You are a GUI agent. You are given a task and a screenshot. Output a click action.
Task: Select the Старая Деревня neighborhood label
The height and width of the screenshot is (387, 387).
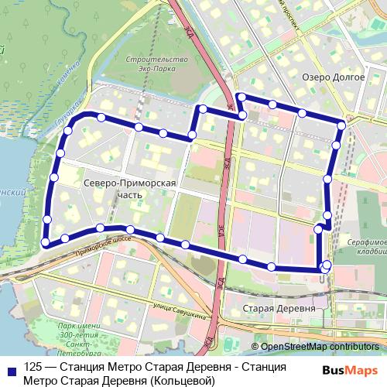[280, 308]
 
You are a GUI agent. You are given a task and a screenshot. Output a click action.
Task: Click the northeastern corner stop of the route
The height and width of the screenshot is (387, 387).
[342, 124]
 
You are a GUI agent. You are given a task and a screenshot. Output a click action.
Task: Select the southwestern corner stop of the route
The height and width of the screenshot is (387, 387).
[46, 242]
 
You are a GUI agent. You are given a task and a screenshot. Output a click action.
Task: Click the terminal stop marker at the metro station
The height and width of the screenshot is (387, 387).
[326, 265]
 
